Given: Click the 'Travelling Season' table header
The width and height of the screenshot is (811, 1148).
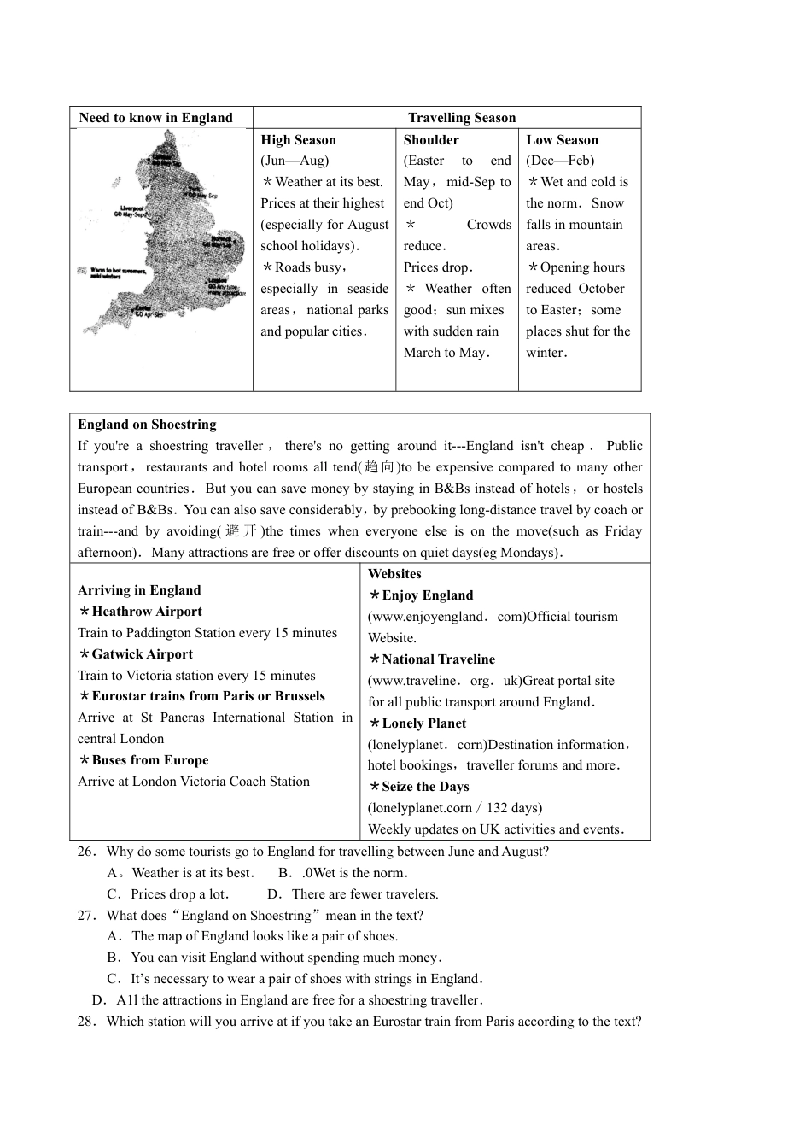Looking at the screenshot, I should [x=462, y=118].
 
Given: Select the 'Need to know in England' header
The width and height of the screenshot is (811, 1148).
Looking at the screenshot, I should [x=155, y=118].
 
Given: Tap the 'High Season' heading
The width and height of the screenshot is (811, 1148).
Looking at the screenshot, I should [x=298, y=140].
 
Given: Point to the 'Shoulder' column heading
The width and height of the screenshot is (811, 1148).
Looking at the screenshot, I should [x=431, y=140].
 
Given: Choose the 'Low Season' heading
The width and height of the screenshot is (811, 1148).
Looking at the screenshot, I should [x=562, y=140].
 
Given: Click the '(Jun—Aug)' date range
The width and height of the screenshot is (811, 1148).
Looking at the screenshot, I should [x=295, y=161].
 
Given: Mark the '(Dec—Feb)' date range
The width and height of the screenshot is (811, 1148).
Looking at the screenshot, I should [x=560, y=161].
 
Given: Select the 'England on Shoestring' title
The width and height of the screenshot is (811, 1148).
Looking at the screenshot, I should [x=147, y=425].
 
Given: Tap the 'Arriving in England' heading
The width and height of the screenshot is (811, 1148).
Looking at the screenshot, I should [x=139, y=590].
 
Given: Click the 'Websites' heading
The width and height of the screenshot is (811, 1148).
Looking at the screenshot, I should [x=394, y=574].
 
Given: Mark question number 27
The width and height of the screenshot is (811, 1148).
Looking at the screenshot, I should [x=86, y=916].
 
